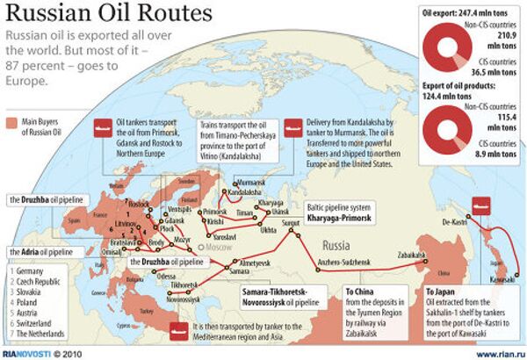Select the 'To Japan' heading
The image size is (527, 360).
click(443, 291)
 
